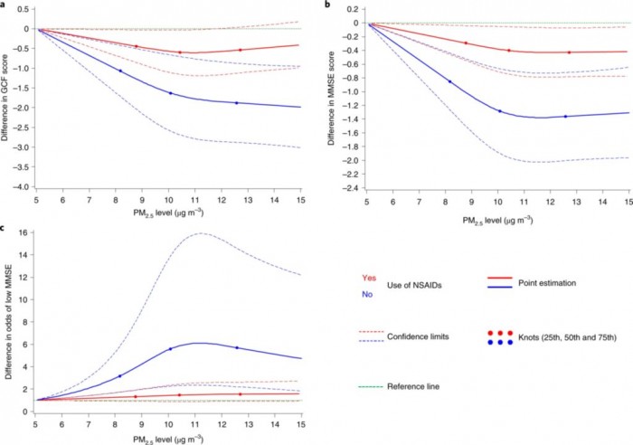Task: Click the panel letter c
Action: tap(4, 228)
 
